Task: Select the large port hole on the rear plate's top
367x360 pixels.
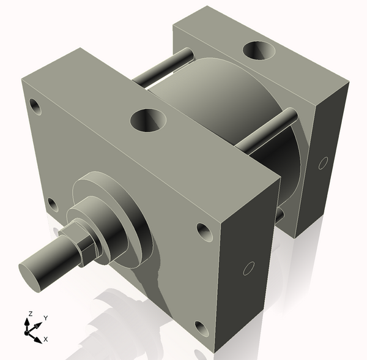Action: pos(258,51)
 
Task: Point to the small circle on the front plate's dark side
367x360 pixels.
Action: pos(248,268)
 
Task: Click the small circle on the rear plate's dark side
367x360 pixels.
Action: pos(323,163)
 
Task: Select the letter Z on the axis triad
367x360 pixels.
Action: pos(28,314)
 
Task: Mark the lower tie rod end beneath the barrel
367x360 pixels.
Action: pos(280,216)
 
